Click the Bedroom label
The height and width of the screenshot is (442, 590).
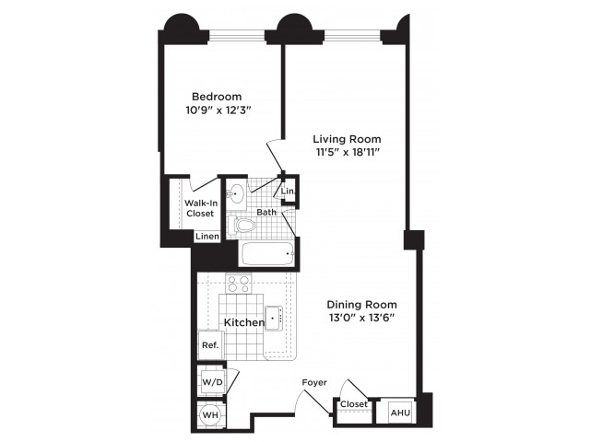(x=217, y=97)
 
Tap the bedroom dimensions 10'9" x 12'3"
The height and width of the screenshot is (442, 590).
(x=218, y=110)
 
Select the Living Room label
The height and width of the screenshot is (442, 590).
(x=347, y=139)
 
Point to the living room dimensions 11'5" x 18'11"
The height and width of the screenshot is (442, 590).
(x=347, y=153)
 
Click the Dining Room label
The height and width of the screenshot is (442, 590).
(x=361, y=305)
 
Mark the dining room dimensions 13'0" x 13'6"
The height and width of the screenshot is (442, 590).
(x=361, y=318)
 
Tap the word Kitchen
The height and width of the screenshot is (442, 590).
(x=244, y=322)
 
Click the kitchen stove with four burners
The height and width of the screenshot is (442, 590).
(x=239, y=284)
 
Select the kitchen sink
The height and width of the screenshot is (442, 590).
(x=274, y=319)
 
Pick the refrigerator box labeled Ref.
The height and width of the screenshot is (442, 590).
(x=211, y=345)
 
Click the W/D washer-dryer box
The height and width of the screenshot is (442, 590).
(x=213, y=382)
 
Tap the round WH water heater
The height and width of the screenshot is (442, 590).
(x=211, y=415)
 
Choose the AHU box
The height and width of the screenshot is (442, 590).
(x=401, y=413)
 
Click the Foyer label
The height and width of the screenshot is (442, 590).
(x=314, y=383)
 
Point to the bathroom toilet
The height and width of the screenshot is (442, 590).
(x=242, y=225)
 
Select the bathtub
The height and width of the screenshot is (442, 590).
(x=268, y=254)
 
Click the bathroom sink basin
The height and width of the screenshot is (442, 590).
(x=236, y=194)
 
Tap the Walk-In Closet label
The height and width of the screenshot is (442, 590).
(x=201, y=208)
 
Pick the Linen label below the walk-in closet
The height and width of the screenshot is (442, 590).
(x=207, y=237)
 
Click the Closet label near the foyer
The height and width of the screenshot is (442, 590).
(x=354, y=404)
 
